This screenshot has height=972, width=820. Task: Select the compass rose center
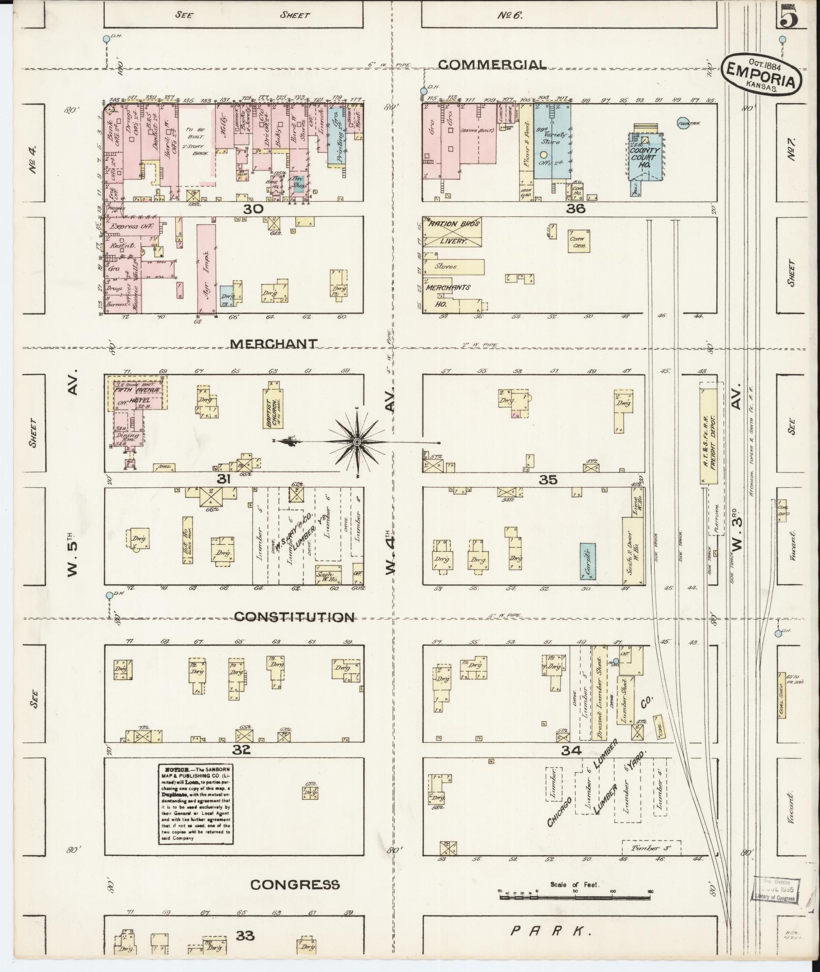click(358, 442)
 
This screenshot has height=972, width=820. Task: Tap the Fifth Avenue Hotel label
click(137, 394)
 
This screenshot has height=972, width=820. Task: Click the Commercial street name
click(492, 65)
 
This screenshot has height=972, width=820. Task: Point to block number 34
click(571, 750)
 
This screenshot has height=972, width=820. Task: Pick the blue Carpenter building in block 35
click(588, 561)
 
